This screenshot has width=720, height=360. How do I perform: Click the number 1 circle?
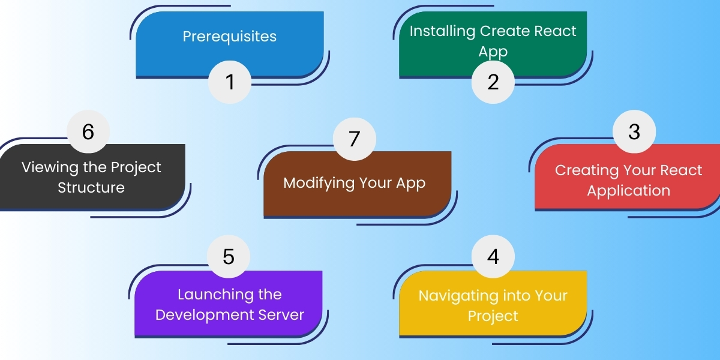(230, 82)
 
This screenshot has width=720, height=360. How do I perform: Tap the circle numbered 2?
(493, 82)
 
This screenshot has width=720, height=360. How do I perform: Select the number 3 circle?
(634, 131)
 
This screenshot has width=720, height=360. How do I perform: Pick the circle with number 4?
(493, 256)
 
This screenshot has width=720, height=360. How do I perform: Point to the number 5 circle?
(229, 256)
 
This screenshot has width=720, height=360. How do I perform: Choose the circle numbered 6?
(88, 131)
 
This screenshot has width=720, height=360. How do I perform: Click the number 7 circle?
(354, 139)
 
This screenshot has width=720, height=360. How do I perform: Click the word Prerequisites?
(230, 37)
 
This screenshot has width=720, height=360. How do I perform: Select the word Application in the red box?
(628, 191)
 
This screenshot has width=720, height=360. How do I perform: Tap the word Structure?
(91, 187)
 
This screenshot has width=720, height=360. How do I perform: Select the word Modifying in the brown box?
(319, 183)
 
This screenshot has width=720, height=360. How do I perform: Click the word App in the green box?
(493, 52)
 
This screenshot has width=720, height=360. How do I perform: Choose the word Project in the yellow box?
(493, 316)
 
